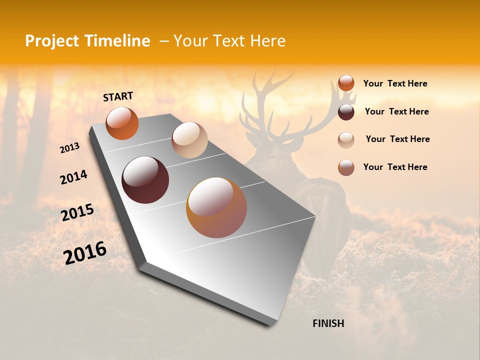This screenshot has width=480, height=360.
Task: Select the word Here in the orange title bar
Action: (x=268, y=41)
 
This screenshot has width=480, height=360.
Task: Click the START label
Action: (x=118, y=96)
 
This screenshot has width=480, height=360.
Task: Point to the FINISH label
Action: (x=328, y=323)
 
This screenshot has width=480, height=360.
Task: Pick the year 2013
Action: (x=69, y=148)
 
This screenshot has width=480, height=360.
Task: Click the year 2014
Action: (x=73, y=177)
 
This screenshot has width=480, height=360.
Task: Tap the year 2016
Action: (x=85, y=253)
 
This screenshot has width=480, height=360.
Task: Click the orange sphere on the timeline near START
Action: (x=122, y=123)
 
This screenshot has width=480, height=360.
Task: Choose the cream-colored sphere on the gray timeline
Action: (x=189, y=140)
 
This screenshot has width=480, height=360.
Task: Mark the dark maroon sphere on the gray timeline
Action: (x=145, y=180)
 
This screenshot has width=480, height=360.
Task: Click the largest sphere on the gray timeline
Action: (x=216, y=207)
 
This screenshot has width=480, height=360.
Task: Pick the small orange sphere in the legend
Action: (x=346, y=83)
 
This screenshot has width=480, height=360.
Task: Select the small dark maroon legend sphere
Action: (x=346, y=112)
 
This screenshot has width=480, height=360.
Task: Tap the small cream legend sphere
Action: (x=346, y=140)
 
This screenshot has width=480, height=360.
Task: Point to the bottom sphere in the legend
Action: (x=346, y=167)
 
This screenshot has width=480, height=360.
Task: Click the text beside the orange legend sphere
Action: (x=395, y=83)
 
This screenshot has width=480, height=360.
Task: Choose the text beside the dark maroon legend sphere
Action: (x=396, y=111)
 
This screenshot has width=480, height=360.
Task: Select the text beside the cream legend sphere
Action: (x=397, y=139)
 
